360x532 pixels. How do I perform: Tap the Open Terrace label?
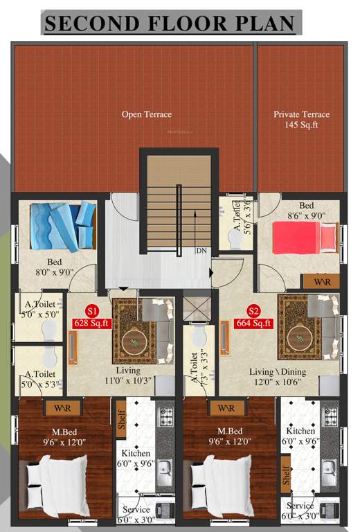(x=147, y=114)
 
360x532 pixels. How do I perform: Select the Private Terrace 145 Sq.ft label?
(x=301, y=120)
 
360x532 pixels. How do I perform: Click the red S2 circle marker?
(x=254, y=310)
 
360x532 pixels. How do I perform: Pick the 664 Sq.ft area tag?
(x=254, y=322)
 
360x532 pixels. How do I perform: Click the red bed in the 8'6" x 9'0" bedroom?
(x=305, y=239)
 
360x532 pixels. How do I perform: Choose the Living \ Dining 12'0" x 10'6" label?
(x=277, y=378)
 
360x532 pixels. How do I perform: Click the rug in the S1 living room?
(x=134, y=330)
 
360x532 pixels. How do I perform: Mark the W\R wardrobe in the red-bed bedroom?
(x=321, y=282)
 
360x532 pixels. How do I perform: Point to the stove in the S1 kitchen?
(x=167, y=418)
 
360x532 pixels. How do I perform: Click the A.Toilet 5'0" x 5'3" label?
(x=39, y=379)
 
